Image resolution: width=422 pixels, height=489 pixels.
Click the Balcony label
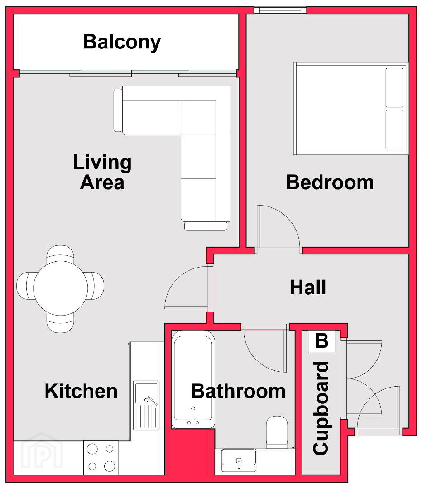click(x=122, y=42)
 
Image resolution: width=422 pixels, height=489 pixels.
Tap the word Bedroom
click(x=330, y=182)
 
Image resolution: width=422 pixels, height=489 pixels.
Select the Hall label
click(x=308, y=287)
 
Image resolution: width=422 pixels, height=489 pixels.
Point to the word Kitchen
click(x=81, y=391)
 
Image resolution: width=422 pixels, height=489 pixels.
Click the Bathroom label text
click(x=238, y=391)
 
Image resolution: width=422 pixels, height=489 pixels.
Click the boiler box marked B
click(x=321, y=341)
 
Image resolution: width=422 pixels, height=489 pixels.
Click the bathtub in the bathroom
click(x=193, y=379)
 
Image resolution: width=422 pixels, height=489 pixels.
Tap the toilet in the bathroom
click(x=277, y=432)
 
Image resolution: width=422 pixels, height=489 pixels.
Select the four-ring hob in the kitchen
click(x=101, y=457)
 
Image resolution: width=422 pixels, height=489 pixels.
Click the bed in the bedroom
click(x=350, y=109)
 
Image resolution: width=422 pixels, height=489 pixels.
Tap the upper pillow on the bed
click(x=394, y=88)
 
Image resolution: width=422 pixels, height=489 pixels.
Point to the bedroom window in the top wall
click(x=280, y=10)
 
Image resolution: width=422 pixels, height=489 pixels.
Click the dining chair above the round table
click(x=60, y=253)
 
